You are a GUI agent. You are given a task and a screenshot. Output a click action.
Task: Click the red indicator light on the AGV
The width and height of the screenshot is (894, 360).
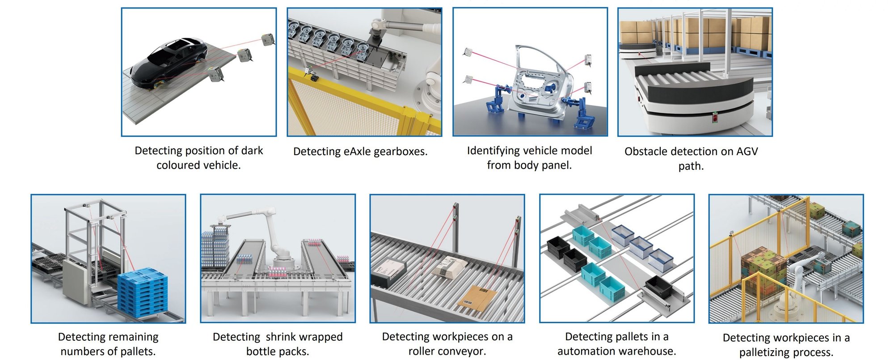click(x=715, y=118)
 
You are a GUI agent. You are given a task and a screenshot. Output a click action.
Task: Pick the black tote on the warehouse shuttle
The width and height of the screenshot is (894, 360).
click(x=658, y=287)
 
